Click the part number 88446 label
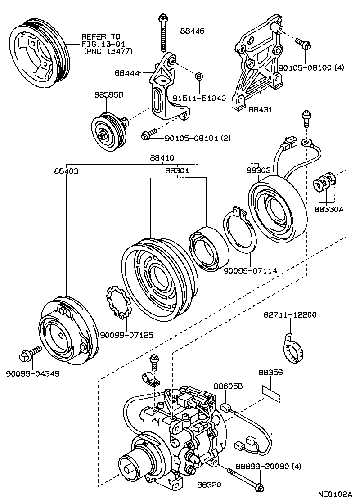point(192,31)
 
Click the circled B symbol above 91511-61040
point(198,76)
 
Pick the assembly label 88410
point(162,157)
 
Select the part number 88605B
point(228,386)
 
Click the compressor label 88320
point(208,485)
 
